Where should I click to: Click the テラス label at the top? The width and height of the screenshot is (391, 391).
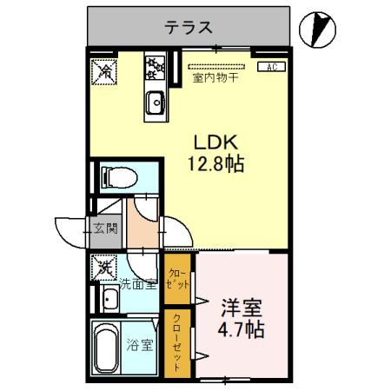click(189, 27)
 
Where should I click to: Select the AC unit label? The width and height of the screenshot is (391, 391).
click(271, 66)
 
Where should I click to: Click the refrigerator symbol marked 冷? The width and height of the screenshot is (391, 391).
click(103, 71)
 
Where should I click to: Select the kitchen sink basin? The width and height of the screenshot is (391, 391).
click(156, 101)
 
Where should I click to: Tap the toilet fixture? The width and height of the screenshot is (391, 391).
click(116, 177)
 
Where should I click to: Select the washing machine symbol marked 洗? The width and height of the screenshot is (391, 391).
click(103, 266)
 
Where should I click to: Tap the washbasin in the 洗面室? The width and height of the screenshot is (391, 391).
click(109, 301)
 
